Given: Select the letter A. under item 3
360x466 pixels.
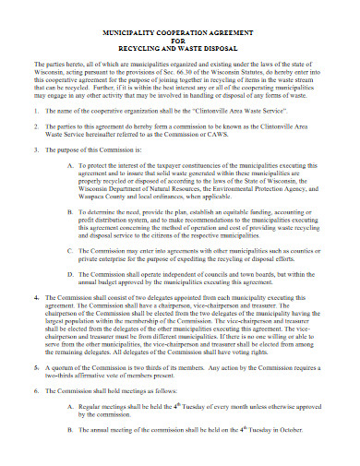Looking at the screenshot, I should coord(72,165).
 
